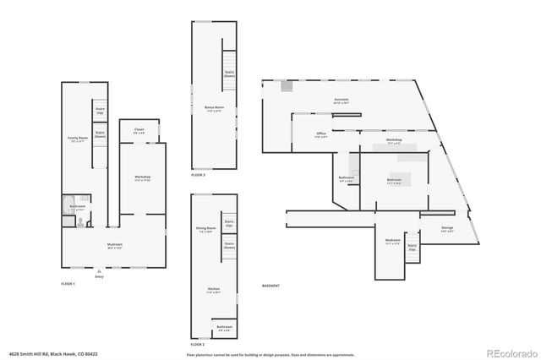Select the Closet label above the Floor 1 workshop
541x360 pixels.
click(x=139, y=131)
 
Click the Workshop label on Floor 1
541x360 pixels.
click(x=142, y=177)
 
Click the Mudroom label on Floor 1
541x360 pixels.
click(x=114, y=246)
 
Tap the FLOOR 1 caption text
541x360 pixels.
click(x=68, y=284)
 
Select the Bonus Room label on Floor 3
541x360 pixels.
click(x=213, y=108)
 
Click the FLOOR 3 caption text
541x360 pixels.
click(x=198, y=174)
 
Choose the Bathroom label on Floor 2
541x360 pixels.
click(x=224, y=328)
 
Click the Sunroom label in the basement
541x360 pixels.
click(x=341, y=100)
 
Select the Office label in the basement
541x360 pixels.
click(x=321, y=134)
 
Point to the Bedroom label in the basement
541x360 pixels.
click(x=394, y=181)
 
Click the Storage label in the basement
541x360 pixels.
click(x=448, y=230)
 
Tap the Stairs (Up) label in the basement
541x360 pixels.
click(x=413, y=248)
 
